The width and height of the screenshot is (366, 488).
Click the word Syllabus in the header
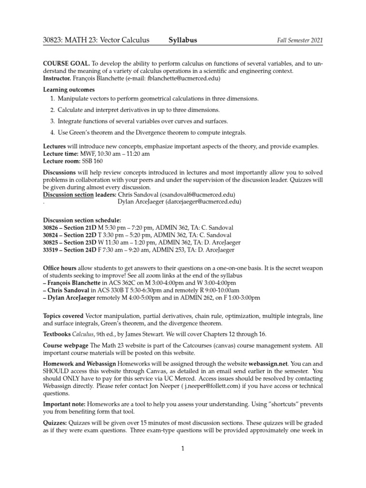(x=183, y=41)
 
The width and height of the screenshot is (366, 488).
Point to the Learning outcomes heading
(x=69, y=90)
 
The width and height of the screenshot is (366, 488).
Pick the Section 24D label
(x=84, y=249)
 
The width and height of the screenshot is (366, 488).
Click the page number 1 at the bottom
(x=183, y=448)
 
